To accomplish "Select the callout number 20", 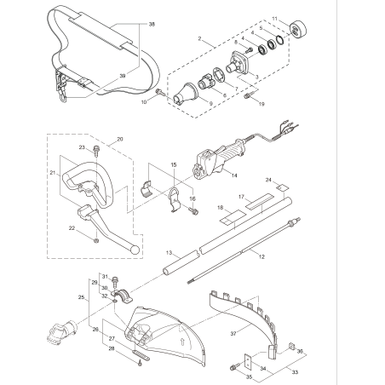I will tap(119, 138).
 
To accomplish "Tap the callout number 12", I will tap(261, 256).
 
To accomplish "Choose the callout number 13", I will tap(170, 253).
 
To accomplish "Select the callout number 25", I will tap(82, 298).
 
